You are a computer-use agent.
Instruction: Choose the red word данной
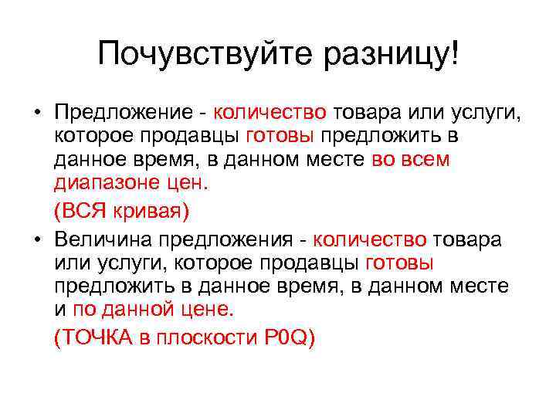pos(149,310)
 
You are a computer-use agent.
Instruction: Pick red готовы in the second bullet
pos(399,263)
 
